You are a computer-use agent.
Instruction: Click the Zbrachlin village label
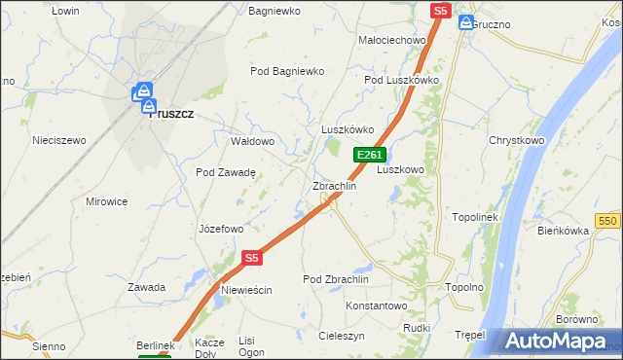click(x=334, y=186)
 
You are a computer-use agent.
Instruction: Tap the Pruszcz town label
click(x=171, y=113)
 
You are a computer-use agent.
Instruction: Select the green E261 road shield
click(x=370, y=155)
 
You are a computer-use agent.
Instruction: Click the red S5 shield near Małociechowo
click(x=440, y=10)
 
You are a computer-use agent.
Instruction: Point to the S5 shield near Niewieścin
click(x=251, y=258)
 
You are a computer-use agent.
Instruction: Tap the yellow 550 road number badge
click(x=609, y=222)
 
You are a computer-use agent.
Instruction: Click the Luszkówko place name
click(x=348, y=129)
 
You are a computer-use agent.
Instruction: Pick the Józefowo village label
click(x=220, y=230)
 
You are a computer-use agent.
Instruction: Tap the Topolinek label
click(x=475, y=217)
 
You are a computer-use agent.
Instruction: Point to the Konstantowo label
click(x=377, y=306)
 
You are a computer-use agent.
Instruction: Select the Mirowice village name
click(x=107, y=201)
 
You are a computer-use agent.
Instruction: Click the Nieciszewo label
click(x=59, y=140)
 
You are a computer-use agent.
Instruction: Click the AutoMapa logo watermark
click(x=557, y=342)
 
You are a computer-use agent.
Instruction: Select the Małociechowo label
click(x=393, y=40)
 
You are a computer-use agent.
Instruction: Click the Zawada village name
click(x=146, y=287)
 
